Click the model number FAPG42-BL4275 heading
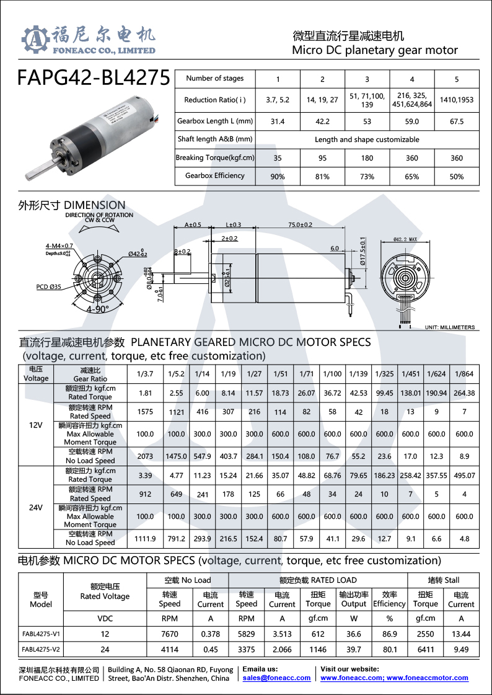coord(94,77)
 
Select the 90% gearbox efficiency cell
coord(278,177)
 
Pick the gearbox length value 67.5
coord(456,122)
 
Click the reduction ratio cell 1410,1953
coord(456,99)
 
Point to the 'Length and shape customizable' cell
coord(367,139)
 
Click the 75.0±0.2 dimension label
coord(300,224)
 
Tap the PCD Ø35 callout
coord(48,287)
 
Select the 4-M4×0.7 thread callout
coord(59,246)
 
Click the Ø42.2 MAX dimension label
coord(405,239)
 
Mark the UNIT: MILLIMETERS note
coord(449,327)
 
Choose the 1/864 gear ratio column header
coord(463,374)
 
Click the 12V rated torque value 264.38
coord(463,393)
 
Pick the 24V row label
coord(36,507)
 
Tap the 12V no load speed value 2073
coord(144,456)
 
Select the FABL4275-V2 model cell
coord(41,650)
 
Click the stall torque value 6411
coord(425,650)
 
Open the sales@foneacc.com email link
coord(276,678)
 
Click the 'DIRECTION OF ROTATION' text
coord(99,215)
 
